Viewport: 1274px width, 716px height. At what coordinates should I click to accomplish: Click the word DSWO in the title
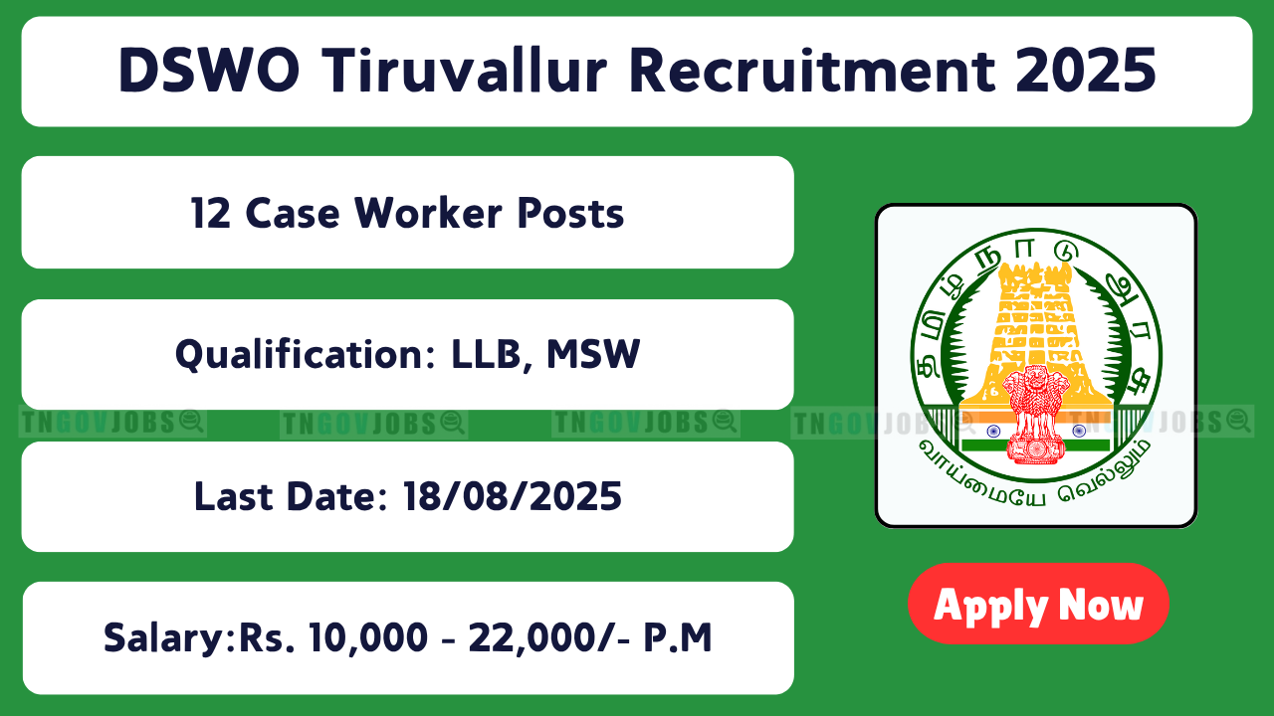click(209, 71)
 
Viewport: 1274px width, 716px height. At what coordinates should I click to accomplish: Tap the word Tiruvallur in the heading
click(465, 71)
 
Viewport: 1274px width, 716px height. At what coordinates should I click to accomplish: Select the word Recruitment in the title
click(812, 71)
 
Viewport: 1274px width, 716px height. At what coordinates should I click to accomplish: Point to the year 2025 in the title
click(1086, 71)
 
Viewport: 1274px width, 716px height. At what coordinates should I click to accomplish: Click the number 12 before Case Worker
click(210, 214)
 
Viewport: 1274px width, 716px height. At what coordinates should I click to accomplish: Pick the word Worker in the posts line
click(428, 213)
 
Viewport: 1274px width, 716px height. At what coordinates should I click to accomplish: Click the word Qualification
click(306, 355)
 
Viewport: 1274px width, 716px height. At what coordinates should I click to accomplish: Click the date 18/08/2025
click(512, 496)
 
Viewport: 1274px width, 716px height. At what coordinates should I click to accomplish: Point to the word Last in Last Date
click(233, 496)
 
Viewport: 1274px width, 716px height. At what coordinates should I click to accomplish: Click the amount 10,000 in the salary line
click(368, 637)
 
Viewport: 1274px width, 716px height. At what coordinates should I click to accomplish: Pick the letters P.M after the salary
click(678, 637)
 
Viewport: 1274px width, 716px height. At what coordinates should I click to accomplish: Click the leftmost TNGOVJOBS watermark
click(112, 423)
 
